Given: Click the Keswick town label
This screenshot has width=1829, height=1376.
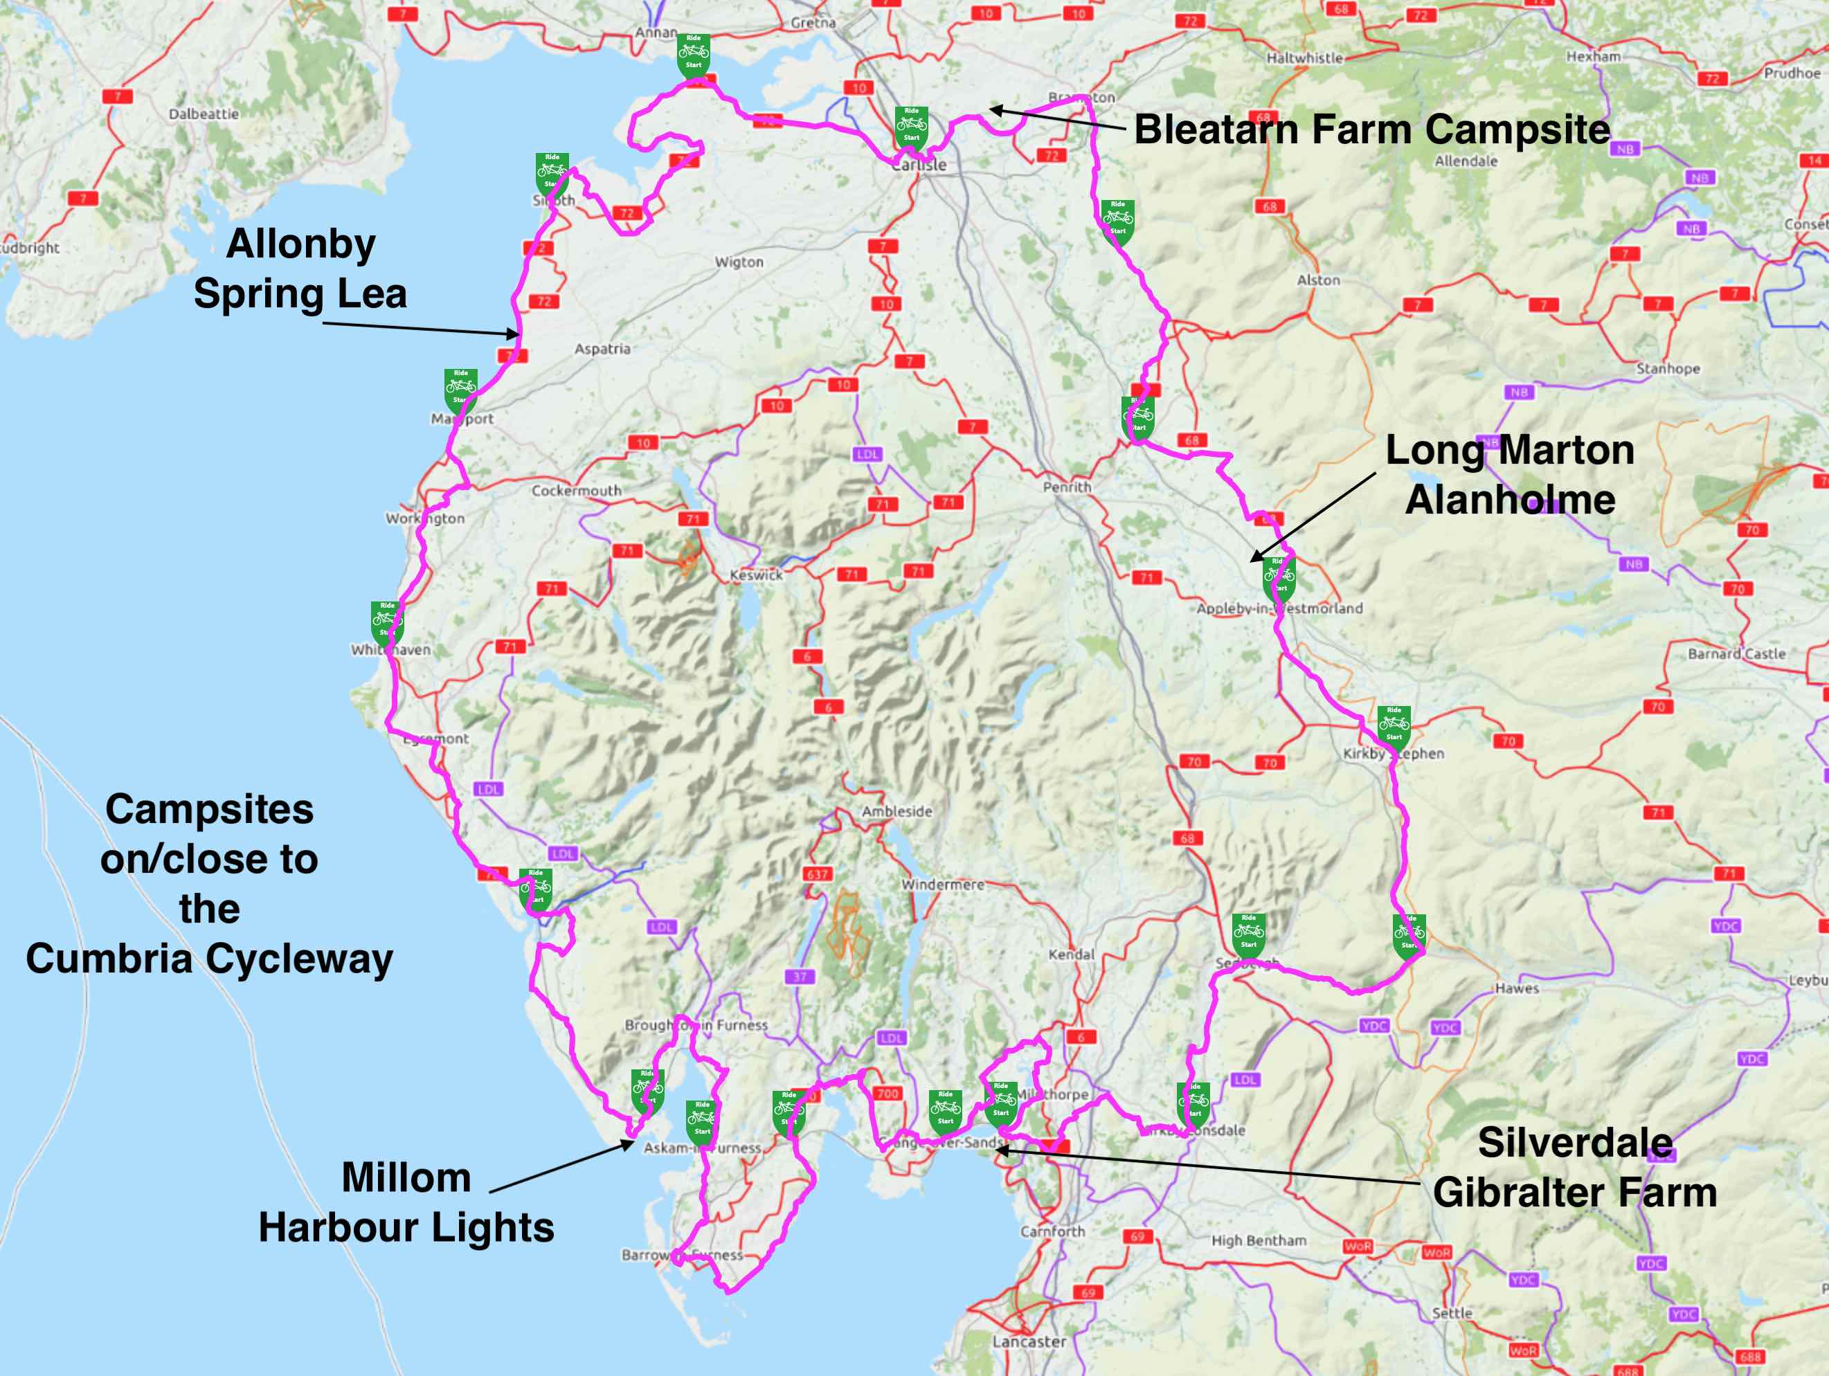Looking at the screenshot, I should pyautogui.click(x=756, y=574).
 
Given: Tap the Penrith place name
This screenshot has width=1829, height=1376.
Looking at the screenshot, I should pyautogui.click(x=1067, y=487).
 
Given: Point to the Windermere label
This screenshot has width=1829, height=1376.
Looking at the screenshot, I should pyautogui.click(x=943, y=884).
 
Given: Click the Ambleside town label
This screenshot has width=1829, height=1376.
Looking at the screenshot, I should pyautogui.click(x=897, y=811).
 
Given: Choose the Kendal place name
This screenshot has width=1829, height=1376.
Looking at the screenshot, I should pyautogui.click(x=1071, y=954).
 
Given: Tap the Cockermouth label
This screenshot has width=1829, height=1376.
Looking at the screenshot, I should pyautogui.click(x=576, y=490).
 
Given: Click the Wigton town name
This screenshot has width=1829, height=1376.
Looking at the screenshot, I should pyautogui.click(x=739, y=262).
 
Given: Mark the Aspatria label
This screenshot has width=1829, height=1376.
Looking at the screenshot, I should pyautogui.click(x=602, y=349).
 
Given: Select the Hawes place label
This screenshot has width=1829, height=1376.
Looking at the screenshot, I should pyautogui.click(x=1517, y=988).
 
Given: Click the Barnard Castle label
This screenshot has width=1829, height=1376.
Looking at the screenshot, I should pyautogui.click(x=1736, y=653).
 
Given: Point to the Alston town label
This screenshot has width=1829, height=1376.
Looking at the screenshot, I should pyautogui.click(x=1318, y=280).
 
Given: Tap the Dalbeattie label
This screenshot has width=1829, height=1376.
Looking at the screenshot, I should pyautogui.click(x=204, y=114).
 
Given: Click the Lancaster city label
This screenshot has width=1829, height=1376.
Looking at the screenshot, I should pyautogui.click(x=1029, y=1341).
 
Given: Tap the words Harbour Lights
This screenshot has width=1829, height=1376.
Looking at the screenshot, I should pyautogui.click(x=406, y=1227).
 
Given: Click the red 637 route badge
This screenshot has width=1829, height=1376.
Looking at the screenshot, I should pyautogui.click(x=817, y=874).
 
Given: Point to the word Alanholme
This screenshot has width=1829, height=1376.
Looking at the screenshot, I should pyautogui.click(x=1510, y=500).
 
